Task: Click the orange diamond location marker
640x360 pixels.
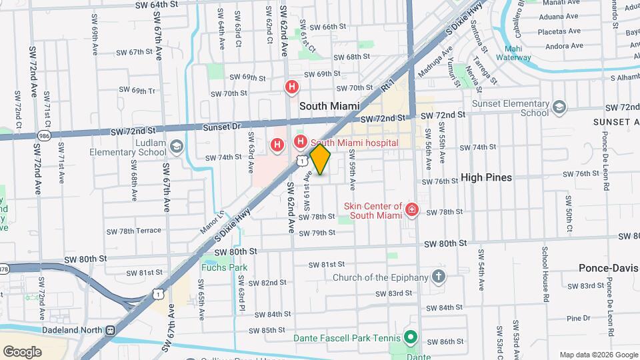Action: pos(320,160)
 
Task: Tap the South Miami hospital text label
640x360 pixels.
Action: pos(355,143)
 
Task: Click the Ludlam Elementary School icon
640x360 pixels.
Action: pos(177,146)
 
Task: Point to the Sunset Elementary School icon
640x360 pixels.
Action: pos(559,107)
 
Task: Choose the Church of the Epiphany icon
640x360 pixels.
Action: pos(438,277)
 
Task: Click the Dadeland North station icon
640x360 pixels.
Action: pos(110,329)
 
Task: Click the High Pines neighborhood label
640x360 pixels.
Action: pos(486,177)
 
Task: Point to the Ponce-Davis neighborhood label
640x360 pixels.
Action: pos(608,267)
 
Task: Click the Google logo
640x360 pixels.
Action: pos(22,351)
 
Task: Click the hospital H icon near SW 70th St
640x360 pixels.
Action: pos(291,87)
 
